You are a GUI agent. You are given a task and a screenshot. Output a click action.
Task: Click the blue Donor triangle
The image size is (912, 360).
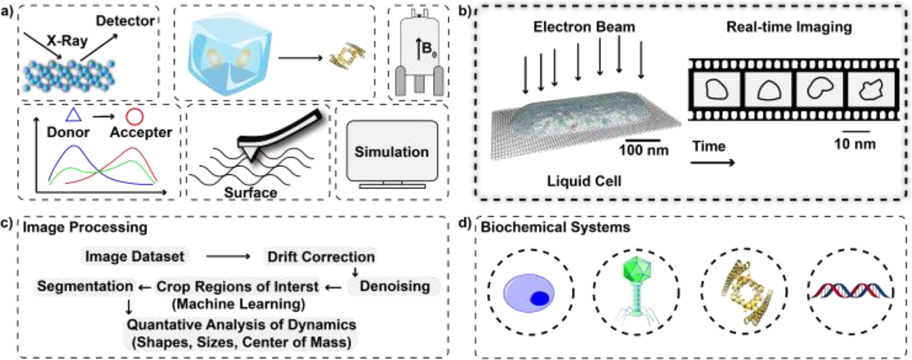point(73,115)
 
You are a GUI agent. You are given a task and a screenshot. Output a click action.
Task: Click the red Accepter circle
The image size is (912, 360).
point(135,116)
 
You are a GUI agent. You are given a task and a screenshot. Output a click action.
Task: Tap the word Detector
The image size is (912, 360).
point(125,21)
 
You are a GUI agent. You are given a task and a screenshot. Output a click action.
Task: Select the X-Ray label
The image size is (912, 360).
point(67,41)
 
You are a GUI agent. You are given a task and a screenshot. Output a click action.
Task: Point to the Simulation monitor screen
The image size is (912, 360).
point(392,151)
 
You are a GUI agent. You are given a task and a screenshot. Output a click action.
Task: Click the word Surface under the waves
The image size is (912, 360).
point(250,192)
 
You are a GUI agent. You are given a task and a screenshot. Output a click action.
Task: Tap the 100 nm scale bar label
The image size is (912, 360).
point(643,150)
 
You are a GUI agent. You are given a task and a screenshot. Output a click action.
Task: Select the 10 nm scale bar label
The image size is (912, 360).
point(855,144)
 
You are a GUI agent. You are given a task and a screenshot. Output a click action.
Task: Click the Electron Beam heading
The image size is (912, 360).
point(584,27)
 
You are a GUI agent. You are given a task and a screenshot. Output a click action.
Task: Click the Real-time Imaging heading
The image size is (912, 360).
point(789,27)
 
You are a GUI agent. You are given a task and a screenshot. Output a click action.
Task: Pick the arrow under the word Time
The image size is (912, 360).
point(713,162)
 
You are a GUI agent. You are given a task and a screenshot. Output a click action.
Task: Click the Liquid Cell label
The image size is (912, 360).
point(584,181)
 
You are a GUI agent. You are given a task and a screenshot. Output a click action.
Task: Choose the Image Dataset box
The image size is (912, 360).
point(135,256)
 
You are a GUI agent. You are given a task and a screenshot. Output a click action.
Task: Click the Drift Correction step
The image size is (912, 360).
point(321,256)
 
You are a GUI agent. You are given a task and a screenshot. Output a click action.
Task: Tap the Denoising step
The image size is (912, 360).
point(394,286)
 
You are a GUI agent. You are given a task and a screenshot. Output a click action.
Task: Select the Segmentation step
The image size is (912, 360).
point(85,286)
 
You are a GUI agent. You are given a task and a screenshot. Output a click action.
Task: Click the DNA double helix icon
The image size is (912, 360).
point(851,291)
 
